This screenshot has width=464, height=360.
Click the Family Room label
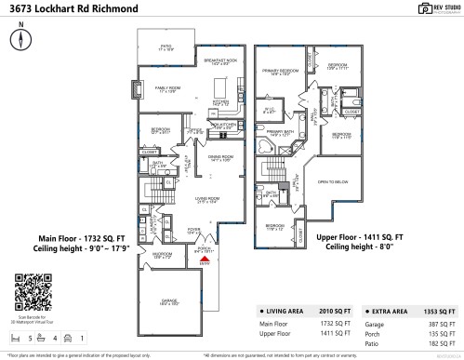(x=152, y=90)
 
